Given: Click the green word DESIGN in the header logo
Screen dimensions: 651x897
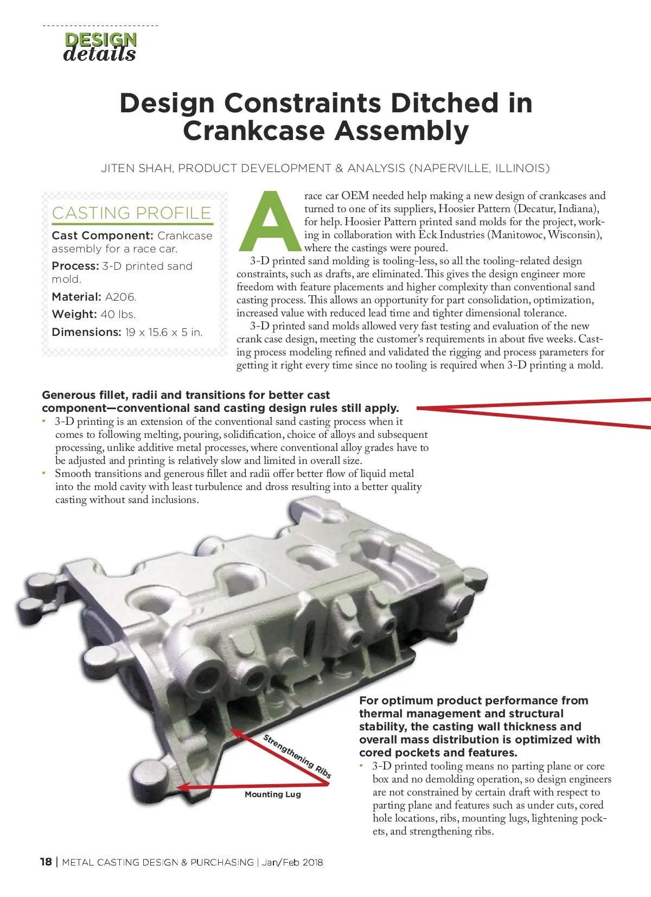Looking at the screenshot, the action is [100, 40].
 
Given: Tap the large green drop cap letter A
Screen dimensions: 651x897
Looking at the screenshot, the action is [270, 220].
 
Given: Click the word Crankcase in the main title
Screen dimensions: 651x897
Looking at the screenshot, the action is [254, 131].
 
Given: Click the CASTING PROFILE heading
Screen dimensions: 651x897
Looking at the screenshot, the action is [131, 213].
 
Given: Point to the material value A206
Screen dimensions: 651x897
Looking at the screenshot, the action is [120, 297].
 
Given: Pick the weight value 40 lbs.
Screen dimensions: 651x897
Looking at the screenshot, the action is [118, 314].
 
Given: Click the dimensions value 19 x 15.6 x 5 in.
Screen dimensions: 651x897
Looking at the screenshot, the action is [164, 332].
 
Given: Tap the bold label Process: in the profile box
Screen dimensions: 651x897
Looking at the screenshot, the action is [75, 266].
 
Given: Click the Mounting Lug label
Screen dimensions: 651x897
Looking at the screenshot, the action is [273, 794].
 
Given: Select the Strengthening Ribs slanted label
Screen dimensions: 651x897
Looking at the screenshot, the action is [297, 756].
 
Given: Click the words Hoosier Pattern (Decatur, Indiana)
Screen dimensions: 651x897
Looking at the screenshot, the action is [519, 208].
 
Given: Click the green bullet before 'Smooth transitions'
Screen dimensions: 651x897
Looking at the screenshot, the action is [44, 473].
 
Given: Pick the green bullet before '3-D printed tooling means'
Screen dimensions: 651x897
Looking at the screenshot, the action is [361, 766].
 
